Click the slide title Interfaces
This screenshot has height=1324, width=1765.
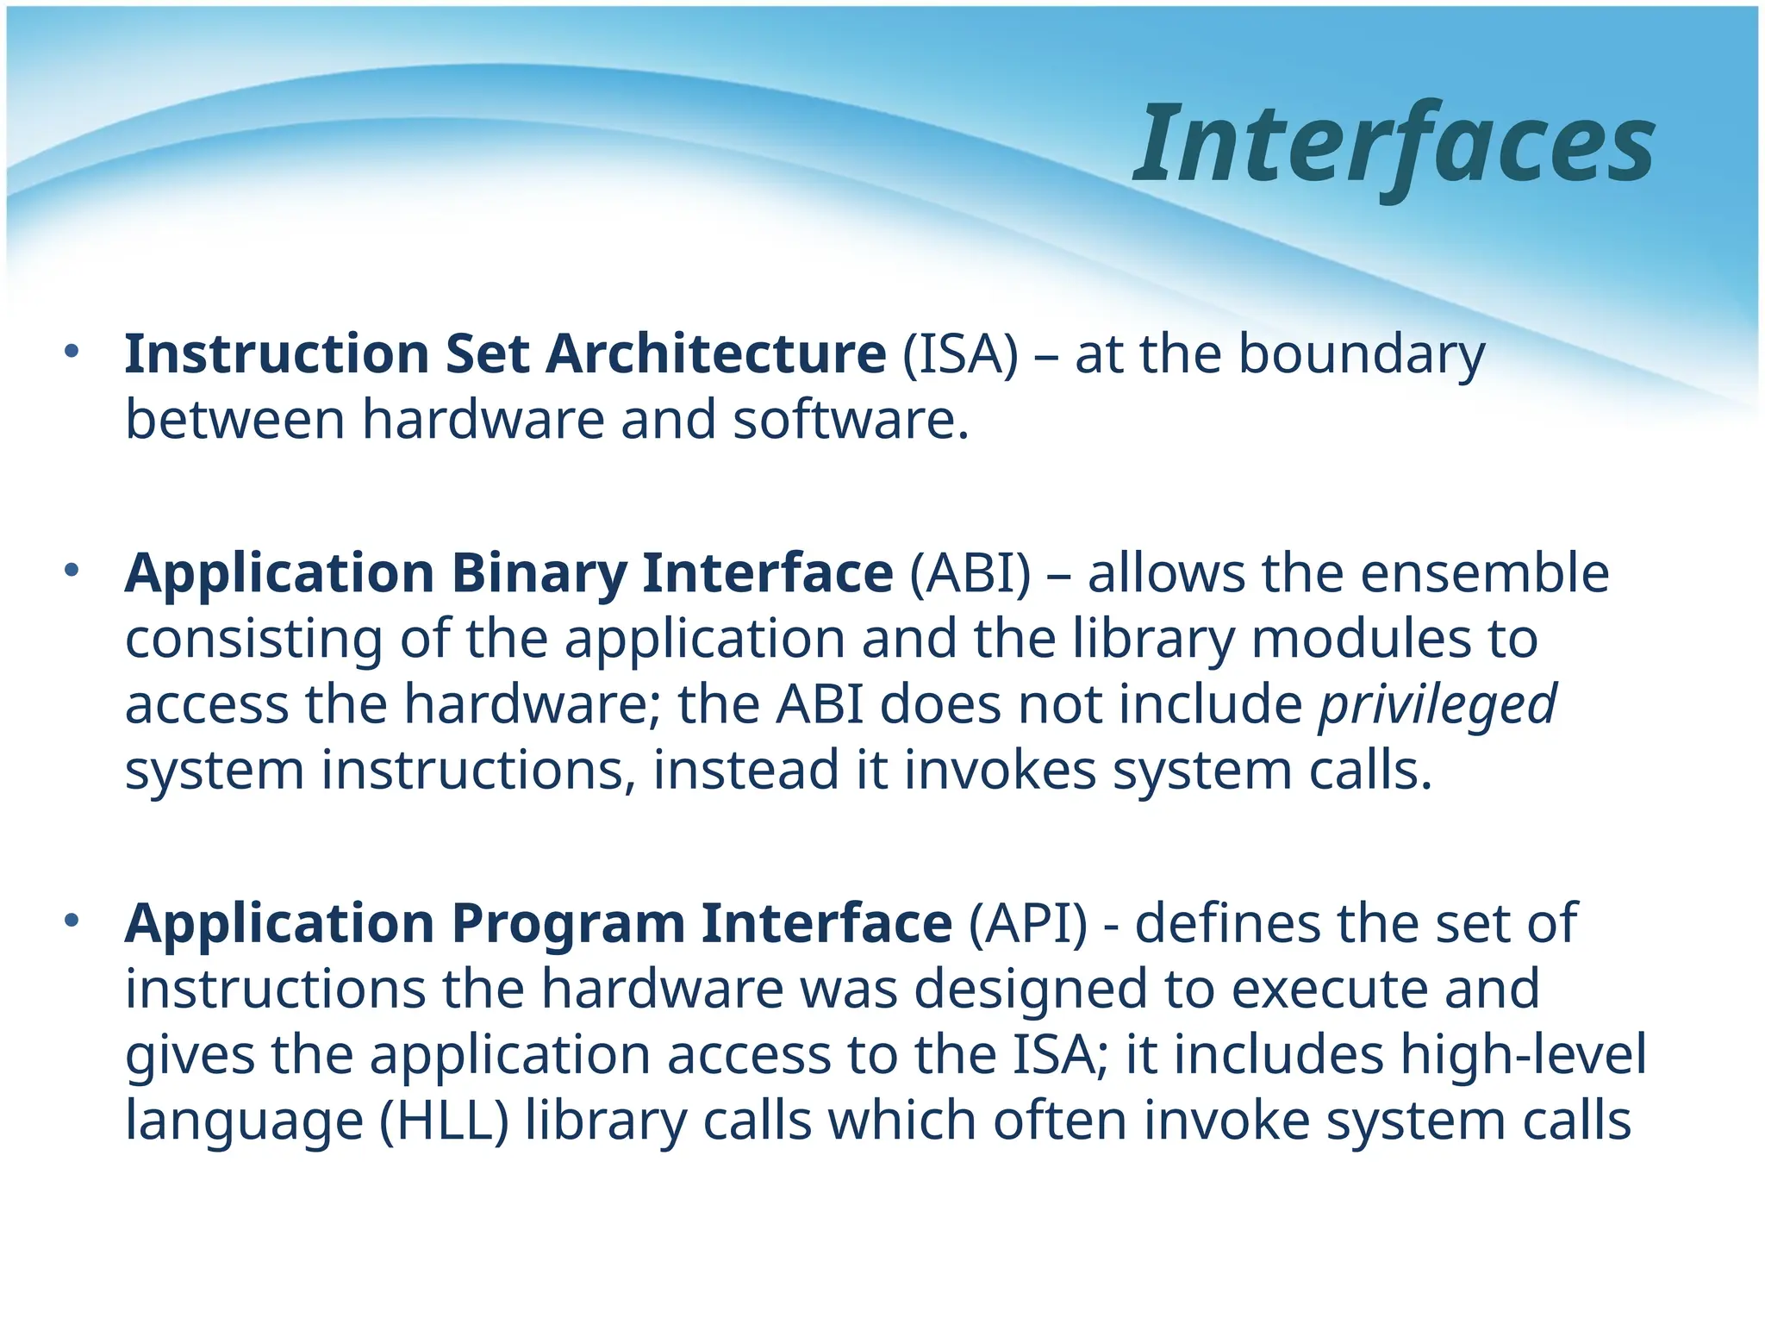pyautogui.click(x=1394, y=145)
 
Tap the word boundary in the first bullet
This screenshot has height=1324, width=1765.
pyautogui.click(x=1362, y=355)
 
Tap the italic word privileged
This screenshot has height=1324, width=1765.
pyautogui.click(x=1438, y=706)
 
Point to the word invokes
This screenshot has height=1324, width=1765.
pyautogui.click(x=1000, y=770)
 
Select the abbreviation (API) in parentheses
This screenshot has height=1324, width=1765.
pyautogui.click(x=1028, y=924)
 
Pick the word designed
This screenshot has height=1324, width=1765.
pyautogui.click(x=1030, y=989)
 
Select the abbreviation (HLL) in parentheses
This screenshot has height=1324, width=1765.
pyautogui.click(x=444, y=1121)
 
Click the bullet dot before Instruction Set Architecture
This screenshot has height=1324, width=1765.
pyautogui.click(x=72, y=351)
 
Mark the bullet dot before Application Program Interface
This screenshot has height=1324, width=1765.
pyautogui.click(x=72, y=921)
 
